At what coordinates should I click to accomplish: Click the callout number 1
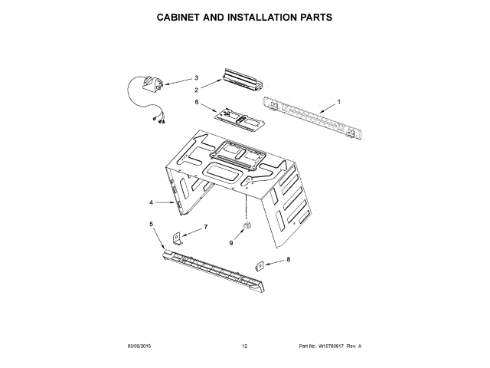(339, 103)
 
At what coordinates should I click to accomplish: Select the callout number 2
(197, 90)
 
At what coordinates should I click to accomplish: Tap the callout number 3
(196, 77)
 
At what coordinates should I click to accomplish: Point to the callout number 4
(152, 202)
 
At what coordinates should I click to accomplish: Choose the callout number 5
(151, 224)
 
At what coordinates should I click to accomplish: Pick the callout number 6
(197, 102)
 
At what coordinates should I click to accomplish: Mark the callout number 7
(205, 228)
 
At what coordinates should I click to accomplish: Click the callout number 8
(288, 260)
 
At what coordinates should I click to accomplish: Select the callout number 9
(231, 243)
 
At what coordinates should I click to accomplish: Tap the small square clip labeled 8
(260, 265)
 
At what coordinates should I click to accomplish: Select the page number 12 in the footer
(244, 347)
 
